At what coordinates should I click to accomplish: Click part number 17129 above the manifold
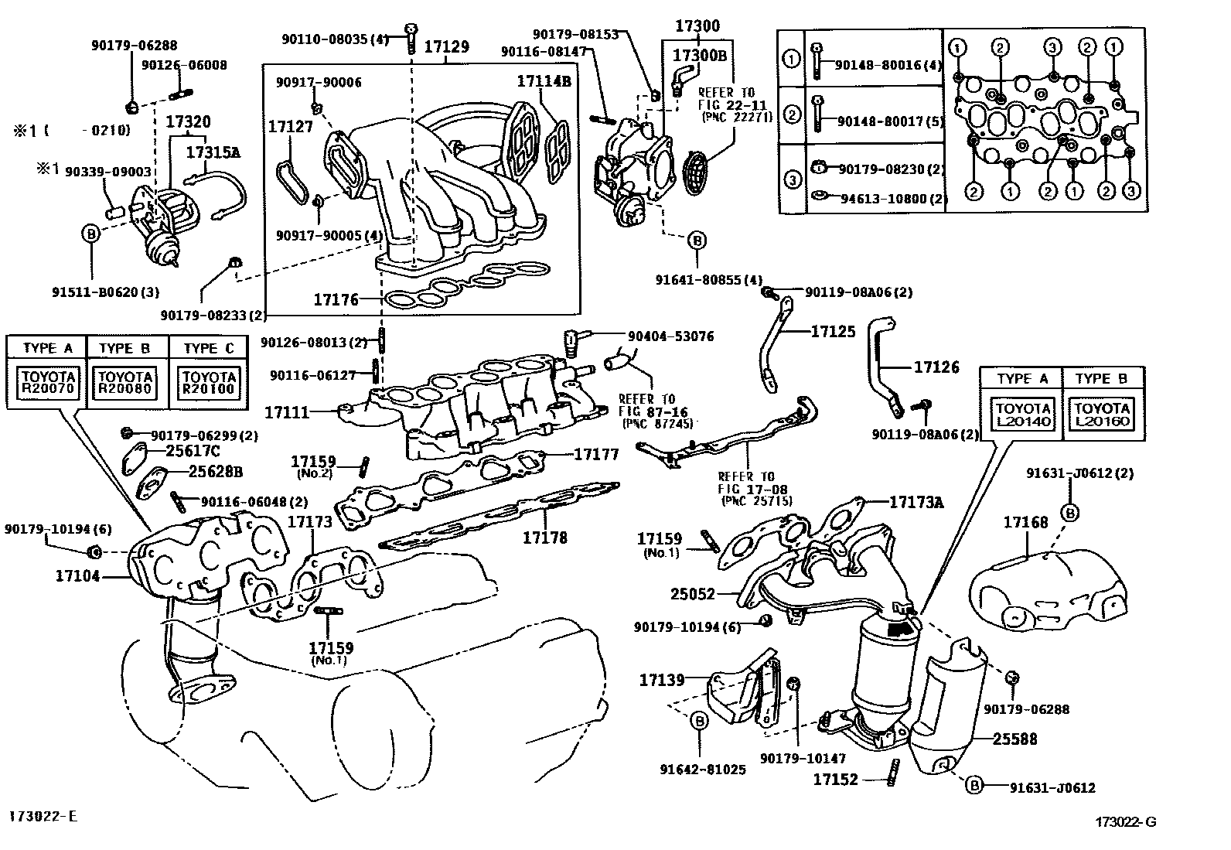click(x=446, y=46)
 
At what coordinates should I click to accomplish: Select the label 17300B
click(x=700, y=55)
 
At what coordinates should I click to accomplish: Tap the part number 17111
click(x=287, y=412)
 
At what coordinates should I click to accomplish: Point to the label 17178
click(x=544, y=538)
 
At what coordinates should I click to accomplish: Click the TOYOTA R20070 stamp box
click(x=48, y=383)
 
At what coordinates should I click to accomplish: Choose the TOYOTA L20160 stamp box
click(x=1102, y=415)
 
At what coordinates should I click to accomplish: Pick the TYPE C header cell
click(x=208, y=349)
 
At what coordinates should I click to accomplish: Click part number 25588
click(x=1014, y=739)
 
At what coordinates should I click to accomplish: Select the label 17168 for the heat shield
click(x=1025, y=522)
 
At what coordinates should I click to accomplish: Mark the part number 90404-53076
click(x=670, y=336)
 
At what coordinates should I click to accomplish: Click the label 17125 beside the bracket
click(x=833, y=332)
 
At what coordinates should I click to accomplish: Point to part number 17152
click(x=835, y=779)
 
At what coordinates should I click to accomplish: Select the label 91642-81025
click(x=703, y=770)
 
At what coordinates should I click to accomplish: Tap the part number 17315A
click(x=213, y=152)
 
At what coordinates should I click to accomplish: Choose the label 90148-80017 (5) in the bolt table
click(x=890, y=121)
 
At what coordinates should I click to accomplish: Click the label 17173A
click(x=916, y=502)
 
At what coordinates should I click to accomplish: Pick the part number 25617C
click(x=193, y=451)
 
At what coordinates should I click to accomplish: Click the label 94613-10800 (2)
click(x=892, y=199)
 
